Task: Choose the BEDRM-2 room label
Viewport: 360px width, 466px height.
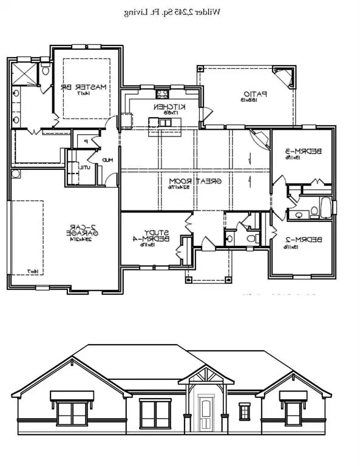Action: point(302,243)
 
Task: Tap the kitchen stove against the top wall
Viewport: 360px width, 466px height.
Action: point(162,94)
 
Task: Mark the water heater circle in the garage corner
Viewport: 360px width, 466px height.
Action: point(15,174)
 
